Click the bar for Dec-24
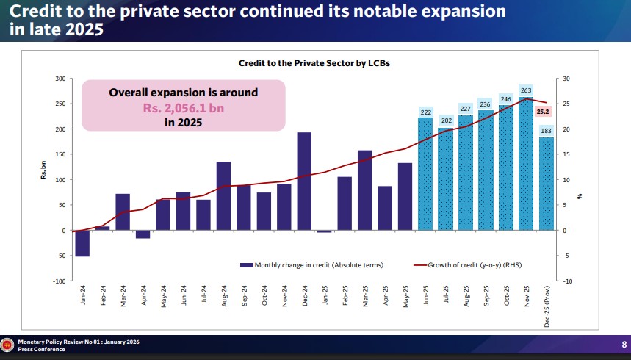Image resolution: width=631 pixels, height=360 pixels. click(304, 181)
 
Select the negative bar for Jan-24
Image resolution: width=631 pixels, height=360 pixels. click(82, 243)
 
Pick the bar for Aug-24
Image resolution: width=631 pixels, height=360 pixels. click(223, 196)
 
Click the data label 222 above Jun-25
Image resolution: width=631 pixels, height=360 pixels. click(425, 112)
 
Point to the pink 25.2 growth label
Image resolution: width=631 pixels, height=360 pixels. click(544, 112)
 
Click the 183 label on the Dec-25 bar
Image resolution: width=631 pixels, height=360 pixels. click(546, 131)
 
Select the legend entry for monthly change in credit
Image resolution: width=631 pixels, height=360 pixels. click(312, 264)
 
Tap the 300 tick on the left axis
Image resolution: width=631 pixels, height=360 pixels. click(60, 79)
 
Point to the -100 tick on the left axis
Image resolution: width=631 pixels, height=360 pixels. click(59, 281)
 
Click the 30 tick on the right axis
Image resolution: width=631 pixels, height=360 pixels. click(566, 79)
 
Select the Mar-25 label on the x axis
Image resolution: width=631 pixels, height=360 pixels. click(365, 298)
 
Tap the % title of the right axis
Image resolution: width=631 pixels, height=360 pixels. click(580, 195)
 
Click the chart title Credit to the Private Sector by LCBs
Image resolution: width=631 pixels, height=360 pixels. click(314, 63)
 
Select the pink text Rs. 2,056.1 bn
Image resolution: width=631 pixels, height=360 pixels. click(183, 108)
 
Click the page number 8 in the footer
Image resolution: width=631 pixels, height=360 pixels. click(624, 345)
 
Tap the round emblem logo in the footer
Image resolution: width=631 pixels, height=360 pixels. click(8, 345)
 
